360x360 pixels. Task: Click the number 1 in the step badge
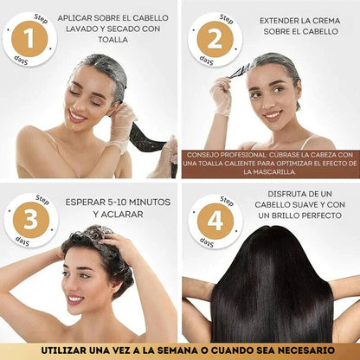pyautogui.click(x=30, y=40)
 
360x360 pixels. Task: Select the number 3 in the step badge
pyautogui.click(x=30, y=221)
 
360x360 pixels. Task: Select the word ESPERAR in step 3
pyautogui.click(x=87, y=202)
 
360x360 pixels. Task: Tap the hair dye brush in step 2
pyautogui.click(x=240, y=68)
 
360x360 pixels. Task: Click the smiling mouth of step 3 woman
pyautogui.click(x=75, y=299)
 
